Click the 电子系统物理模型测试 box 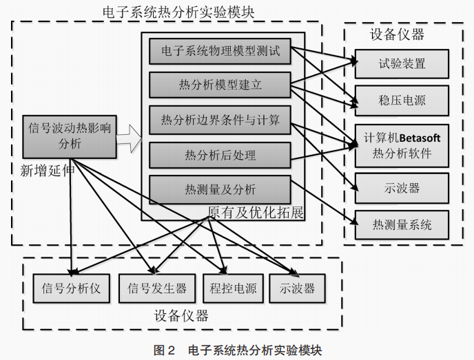pos(220,52)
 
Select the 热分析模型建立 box pos(220,85)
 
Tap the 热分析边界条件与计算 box pos(220,121)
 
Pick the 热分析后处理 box pos(220,155)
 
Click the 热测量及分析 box pos(220,189)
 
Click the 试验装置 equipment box pos(402,64)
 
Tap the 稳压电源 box pos(402,100)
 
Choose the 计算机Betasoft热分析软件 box pos(402,145)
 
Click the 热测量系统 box pos(402,224)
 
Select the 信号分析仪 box pos(71,288)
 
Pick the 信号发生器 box pos(157,288)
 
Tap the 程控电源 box pos(233,288)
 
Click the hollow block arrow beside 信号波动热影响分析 pos(129,142)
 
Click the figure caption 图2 pos(164,350)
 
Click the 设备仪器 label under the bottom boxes pos(181,317)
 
